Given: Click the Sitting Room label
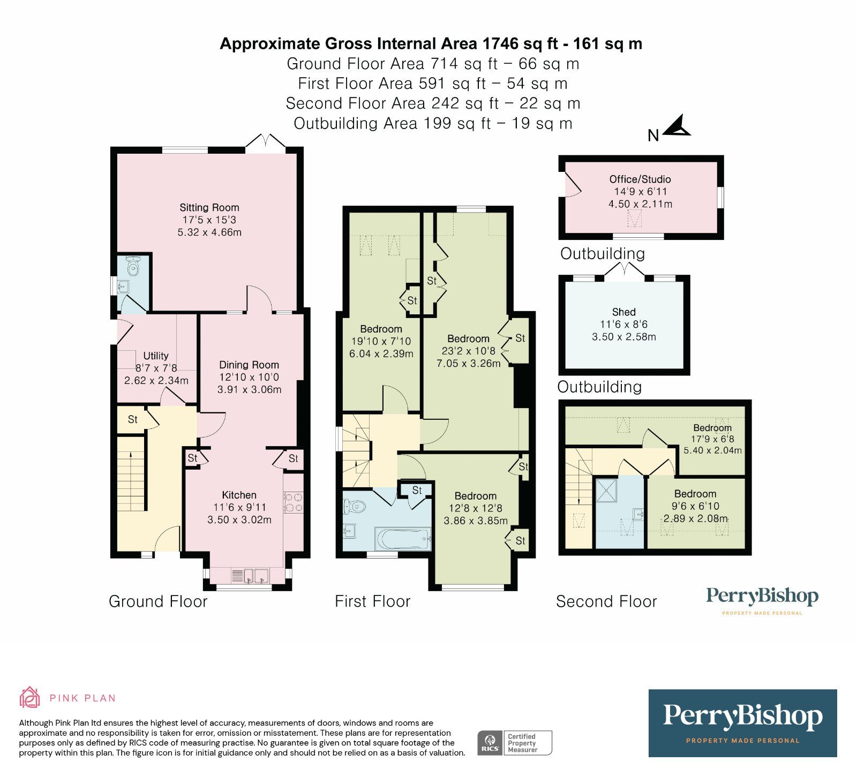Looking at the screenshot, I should point(209,208).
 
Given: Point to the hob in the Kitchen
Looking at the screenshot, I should point(293,502).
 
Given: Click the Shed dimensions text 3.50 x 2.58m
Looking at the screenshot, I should point(623,337).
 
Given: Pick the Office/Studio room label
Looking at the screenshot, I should point(640,179).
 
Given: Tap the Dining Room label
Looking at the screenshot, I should point(249,365).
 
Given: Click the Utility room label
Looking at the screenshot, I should point(155,356).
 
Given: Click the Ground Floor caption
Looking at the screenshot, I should point(157,601).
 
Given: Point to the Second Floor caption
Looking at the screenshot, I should point(606,601).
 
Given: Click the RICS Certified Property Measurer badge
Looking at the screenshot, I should point(514,743).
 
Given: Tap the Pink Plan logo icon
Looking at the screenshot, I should point(29,697).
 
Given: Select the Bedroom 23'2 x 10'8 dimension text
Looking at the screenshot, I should point(468,351).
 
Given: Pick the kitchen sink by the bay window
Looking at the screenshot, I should point(255,576).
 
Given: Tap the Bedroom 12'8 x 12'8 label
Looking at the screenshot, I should point(475,496).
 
